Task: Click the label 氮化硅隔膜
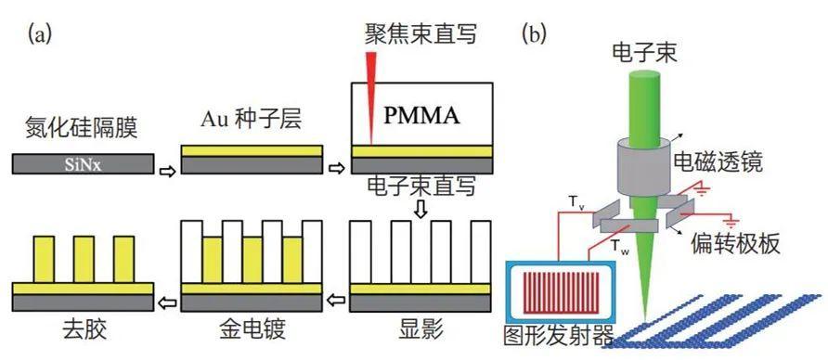click(82, 127)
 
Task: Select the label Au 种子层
click(251, 120)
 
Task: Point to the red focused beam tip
click(371, 144)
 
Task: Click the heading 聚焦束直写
click(420, 35)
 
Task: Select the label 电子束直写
click(420, 186)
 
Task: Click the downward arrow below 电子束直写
click(420, 210)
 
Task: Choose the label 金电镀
click(252, 331)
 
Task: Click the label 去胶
click(84, 331)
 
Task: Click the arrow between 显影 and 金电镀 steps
click(336, 301)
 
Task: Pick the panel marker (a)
click(40, 35)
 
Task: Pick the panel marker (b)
click(534, 35)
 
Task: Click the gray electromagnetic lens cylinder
click(642, 165)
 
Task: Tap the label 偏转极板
click(734, 244)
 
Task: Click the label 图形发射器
click(559, 335)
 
